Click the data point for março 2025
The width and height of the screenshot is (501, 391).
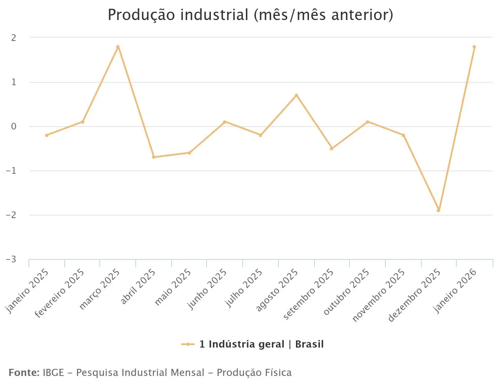click(118, 46)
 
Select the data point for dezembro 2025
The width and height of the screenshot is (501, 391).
click(438, 210)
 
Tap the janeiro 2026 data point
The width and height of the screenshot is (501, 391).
click(474, 47)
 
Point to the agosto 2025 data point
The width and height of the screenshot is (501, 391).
click(296, 95)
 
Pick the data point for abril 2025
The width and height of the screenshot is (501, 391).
click(154, 157)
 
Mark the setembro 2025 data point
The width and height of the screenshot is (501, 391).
click(331, 148)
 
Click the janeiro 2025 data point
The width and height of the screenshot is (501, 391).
click(47, 135)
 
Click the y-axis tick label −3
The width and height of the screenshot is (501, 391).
click(11, 259)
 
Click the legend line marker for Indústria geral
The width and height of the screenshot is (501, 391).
click(188, 344)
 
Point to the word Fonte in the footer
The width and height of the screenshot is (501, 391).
click(23, 372)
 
